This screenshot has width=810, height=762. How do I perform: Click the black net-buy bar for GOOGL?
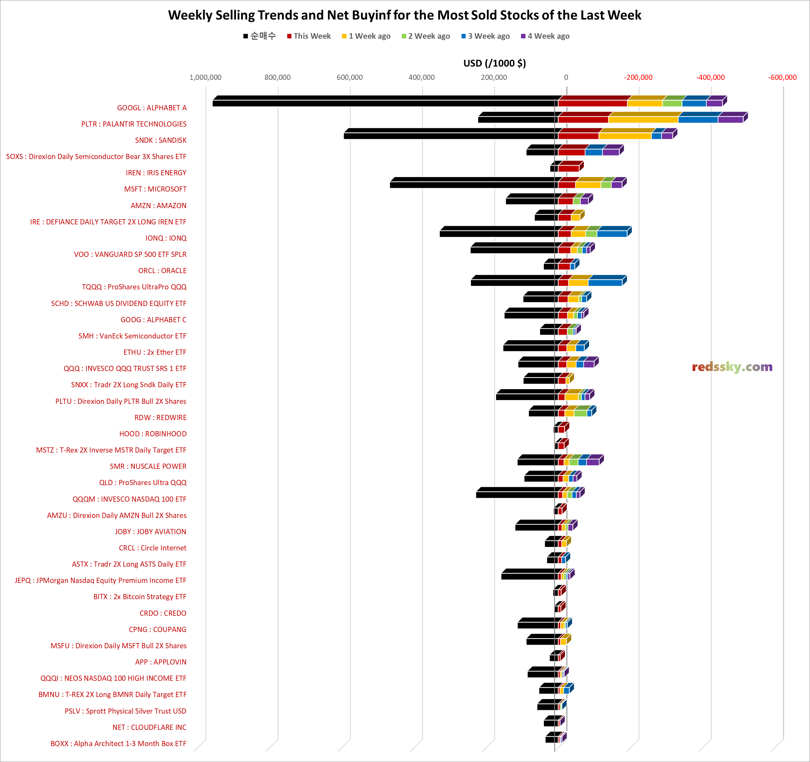383,103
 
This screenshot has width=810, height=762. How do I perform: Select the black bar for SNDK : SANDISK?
448,136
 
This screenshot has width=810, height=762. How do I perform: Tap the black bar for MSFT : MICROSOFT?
473,185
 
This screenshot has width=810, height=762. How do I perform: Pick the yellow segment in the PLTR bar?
643,119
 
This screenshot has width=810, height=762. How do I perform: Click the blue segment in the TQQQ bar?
605,282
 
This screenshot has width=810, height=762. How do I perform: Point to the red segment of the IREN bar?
568,168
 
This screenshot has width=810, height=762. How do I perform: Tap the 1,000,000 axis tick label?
205,77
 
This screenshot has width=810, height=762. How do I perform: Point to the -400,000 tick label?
710,77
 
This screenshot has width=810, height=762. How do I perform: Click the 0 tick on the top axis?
566,77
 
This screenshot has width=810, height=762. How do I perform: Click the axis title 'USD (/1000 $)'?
494,63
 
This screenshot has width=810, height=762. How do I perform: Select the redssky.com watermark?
732,367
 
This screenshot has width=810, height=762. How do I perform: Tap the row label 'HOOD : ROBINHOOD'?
153,434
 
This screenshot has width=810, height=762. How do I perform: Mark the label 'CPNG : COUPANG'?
157,629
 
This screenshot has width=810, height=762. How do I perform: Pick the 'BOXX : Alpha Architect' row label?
118,743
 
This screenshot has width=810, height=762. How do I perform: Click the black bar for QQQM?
515,494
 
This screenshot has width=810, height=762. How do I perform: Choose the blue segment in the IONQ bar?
612,233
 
